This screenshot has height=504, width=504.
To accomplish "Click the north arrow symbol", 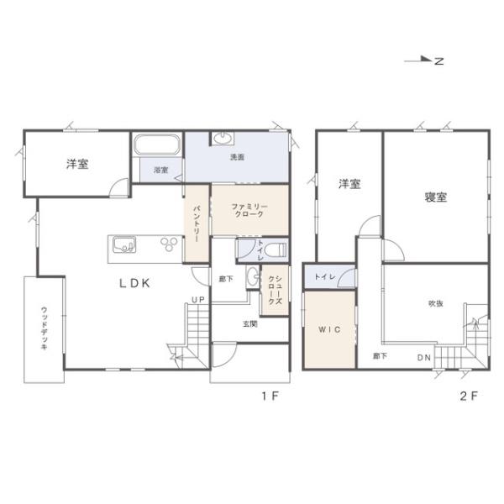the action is click(x=424, y=60).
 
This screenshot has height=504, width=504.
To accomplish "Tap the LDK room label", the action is click(x=134, y=283).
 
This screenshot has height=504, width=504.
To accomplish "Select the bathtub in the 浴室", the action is click(x=157, y=145).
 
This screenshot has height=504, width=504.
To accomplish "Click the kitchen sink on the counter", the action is click(x=124, y=245).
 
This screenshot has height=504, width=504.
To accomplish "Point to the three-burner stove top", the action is click(x=169, y=244).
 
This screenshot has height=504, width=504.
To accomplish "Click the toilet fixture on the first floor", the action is click(x=277, y=249).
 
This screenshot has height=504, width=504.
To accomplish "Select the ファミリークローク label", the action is click(x=249, y=210).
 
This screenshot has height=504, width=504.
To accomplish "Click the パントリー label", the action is click(x=196, y=223).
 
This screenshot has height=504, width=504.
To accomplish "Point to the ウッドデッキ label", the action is click(x=44, y=328).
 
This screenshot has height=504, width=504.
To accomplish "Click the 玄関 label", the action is click(x=250, y=324).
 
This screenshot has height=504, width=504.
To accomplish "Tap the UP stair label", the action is click(x=198, y=300).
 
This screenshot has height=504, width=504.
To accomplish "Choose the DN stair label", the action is click(x=424, y=358).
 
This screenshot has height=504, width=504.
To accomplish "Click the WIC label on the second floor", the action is click(x=329, y=329).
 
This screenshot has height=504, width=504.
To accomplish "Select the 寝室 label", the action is click(x=436, y=197).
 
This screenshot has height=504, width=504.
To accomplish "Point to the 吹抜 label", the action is click(x=436, y=303).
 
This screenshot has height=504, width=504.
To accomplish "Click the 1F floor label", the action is click(x=270, y=396).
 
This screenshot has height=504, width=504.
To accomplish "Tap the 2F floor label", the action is click(x=469, y=396).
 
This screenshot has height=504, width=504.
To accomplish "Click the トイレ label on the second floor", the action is click(x=325, y=276).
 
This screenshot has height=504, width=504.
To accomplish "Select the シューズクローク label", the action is click(x=276, y=290).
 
